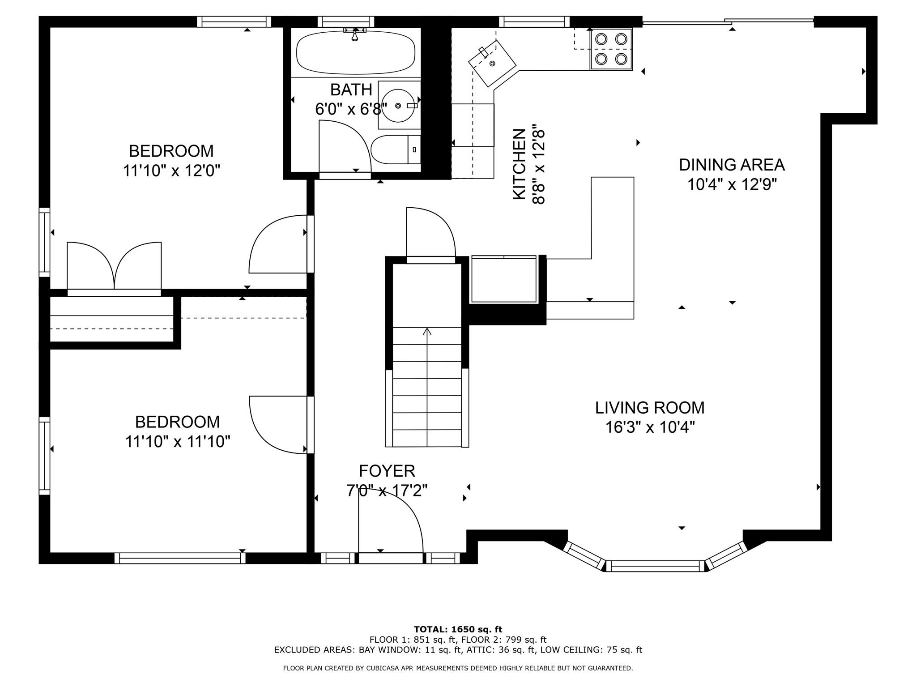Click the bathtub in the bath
click(356, 52)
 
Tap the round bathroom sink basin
click(398, 106)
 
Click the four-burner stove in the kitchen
click(611, 49)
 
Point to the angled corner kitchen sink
click(492, 63)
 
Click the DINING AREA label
click(731, 165)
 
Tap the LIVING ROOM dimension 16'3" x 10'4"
click(650, 427)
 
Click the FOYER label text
click(387, 471)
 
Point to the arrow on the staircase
click(427, 332)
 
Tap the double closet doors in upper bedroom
click(114, 266)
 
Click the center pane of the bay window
click(655, 566)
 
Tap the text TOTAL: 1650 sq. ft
click(458, 629)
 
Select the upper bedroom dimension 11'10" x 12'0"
click(172, 171)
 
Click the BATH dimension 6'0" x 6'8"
click(351, 109)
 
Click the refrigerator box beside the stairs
click(504, 279)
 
